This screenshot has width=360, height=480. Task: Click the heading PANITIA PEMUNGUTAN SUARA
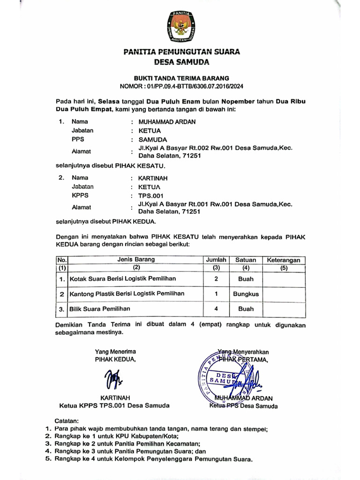[181, 52]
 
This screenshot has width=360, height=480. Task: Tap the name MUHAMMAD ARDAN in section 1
[164, 122]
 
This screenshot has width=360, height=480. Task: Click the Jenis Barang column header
[135, 259]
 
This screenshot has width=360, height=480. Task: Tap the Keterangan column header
[284, 260]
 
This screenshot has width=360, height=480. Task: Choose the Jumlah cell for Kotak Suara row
[216, 279]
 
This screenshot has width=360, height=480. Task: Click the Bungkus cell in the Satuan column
[246, 294]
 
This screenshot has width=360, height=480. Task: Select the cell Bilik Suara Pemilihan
[100, 309]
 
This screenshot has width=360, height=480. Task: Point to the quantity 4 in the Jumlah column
[216, 309]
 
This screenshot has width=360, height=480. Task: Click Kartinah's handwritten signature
[112, 378]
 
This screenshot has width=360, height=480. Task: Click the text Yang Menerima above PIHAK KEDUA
[115, 351]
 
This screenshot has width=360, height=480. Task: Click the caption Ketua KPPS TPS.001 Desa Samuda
[114, 406]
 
